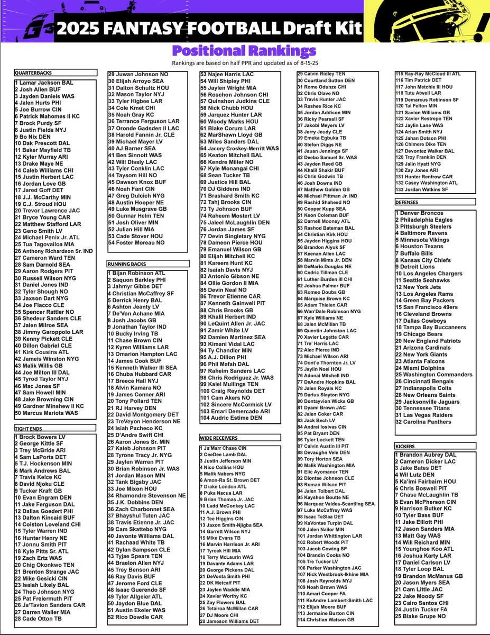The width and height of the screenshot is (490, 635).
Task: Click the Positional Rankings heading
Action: click(245, 51)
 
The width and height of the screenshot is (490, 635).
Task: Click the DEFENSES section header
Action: click(411, 202)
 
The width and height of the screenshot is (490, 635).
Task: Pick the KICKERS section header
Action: click(408, 447)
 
